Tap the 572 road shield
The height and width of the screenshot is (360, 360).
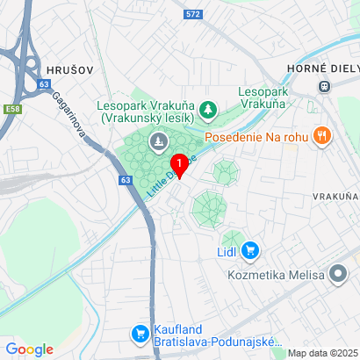pos(194,14)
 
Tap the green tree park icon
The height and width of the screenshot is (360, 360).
pos(208,110)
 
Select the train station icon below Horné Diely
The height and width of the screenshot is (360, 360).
pos(324,85)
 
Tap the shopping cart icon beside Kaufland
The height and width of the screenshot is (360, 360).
pos(139,333)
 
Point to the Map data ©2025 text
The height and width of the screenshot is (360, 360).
pos(322,353)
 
